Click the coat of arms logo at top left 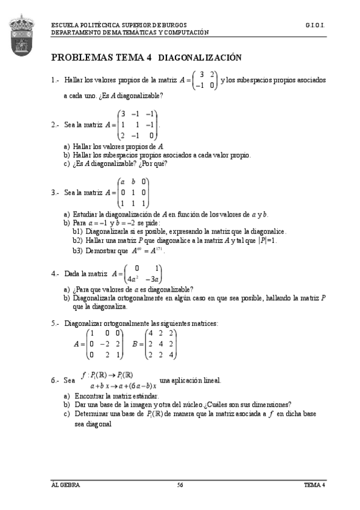click(x=23, y=37)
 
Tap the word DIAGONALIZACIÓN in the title click(x=200, y=58)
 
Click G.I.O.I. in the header click(x=316, y=26)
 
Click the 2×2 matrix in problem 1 click(x=205, y=80)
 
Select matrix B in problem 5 click(x=161, y=344)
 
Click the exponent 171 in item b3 click(x=159, y=248)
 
